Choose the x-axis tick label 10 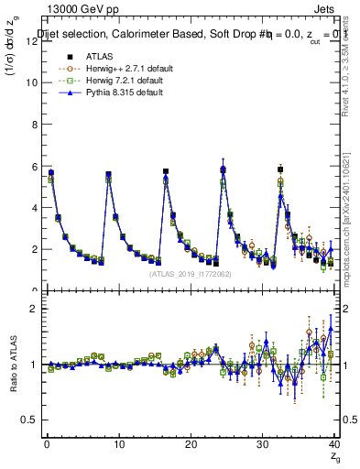pyautogui.click(x=118, y=445)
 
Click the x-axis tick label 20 pyautogui.click(x=191, y=445)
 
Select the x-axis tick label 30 pyautogui.click(x=263, y=445)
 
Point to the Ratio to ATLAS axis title pyautogui.click(x=15, y=364)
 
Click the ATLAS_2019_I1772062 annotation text pyautogui.click(x=190, y=274)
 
